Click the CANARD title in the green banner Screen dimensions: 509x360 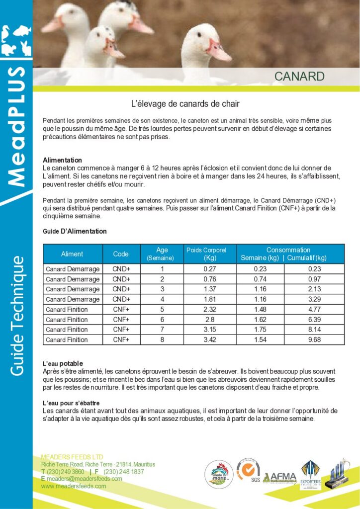click(x=299, y=76)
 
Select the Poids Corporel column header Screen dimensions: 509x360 click(x=206, y=254)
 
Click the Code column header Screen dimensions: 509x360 click(x=121, y=254)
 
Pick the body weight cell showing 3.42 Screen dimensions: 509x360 click(x=206, y=339)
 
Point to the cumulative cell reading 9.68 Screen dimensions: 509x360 click(x=314, y=339)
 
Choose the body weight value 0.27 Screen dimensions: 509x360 click(x=206, y=269)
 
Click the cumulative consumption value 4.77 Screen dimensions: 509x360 click(x=314, y=309)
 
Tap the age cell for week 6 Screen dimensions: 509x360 click(x=162, y=320)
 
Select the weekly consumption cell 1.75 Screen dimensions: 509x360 click(x=260, y=330)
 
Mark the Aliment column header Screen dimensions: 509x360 click(x=72, y=254)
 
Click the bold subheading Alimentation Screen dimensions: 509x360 click(x=62, y=160)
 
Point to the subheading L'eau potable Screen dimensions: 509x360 click(x=63, y=364)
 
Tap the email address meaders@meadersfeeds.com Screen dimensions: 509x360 click(x=85, y=479)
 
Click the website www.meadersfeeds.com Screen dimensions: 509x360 click(x=74, y=486)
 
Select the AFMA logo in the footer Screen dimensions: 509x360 click(x=279, y=478)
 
